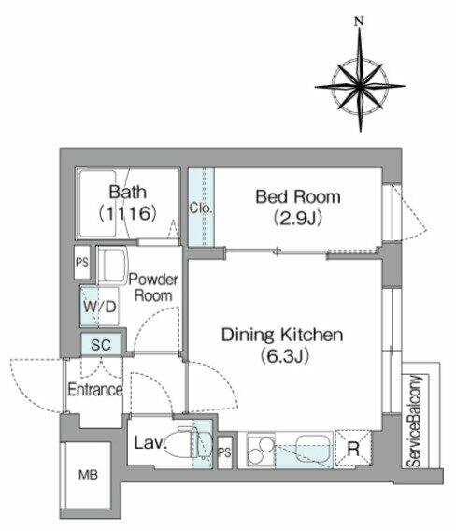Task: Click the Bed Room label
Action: [298, 197]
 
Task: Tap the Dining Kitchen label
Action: [282, 335]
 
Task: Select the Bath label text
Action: [128, 192]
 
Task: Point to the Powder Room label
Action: [153, 288]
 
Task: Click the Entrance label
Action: [95, 390]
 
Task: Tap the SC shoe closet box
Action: [101, 344]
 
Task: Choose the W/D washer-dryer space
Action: [100, 307]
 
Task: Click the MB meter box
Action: [88, 475]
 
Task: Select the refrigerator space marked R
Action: [353, 449]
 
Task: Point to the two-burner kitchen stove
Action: [261, 450]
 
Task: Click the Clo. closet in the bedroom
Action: [201, 208]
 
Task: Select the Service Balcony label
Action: [414, 421]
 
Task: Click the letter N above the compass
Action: [359, 22]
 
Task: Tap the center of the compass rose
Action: [360, 86]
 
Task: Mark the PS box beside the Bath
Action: [82, 263]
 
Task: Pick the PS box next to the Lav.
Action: [224, 452]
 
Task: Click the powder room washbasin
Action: [113, 265]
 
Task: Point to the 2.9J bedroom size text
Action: [297, 218]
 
